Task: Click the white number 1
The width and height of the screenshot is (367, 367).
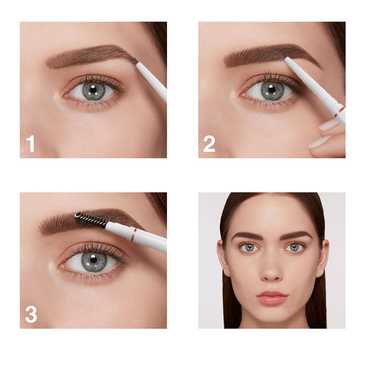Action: [x=31, y=144]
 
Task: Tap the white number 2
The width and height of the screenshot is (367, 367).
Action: [x=209, y=144]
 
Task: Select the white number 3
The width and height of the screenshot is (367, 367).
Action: [x=31, y=314]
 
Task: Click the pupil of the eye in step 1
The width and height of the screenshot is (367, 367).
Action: [x=93, y=89]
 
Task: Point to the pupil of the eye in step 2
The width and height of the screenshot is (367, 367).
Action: [x=271, y=89]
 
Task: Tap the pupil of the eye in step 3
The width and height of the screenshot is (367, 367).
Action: [x=93, y=259]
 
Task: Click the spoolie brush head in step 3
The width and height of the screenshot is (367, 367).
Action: [x=91, y=220]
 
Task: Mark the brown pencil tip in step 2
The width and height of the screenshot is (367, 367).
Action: [x=284, y=55]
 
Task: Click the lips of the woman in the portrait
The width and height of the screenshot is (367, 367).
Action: [x=272, y=298]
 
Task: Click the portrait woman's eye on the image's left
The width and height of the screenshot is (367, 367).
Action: [x=249, y=248]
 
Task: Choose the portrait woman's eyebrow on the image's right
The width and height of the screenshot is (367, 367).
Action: [x=296, y=235]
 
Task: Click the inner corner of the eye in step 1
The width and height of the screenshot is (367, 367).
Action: [x=66, y=96]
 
